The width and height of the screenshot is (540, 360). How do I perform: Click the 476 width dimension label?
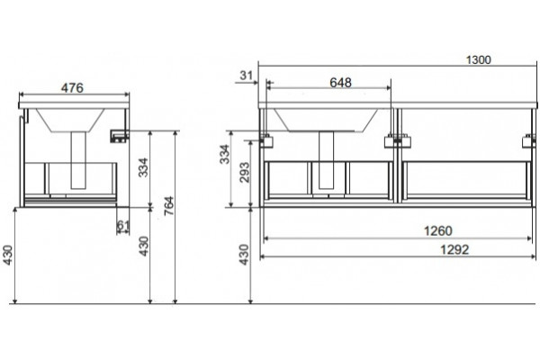(72, 88)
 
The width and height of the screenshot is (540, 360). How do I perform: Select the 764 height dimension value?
(169, 206)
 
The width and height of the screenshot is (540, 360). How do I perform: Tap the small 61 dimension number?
(123, 225)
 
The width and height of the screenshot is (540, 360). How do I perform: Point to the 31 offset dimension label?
(247, 75)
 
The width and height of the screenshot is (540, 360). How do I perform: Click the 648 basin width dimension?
(340, 83)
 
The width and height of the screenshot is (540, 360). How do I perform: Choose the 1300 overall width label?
(479, 60)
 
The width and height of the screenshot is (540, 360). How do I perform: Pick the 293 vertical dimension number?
(244, 172)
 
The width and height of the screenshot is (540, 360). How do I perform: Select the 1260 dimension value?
(437, 230)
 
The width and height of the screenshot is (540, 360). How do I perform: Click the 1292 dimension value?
(454, 249)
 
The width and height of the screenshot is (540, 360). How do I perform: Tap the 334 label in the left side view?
(143, 167)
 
